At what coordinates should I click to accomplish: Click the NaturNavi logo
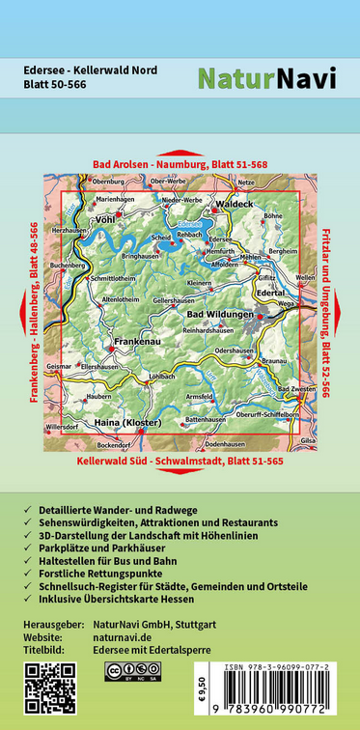pyautogui.click(x=266, y=78)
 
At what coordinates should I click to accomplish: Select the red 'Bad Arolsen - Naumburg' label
pyautogui.click(x=180, y=163)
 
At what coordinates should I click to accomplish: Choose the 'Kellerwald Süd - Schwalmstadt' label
pyautogui.click(x=180, y=462)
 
